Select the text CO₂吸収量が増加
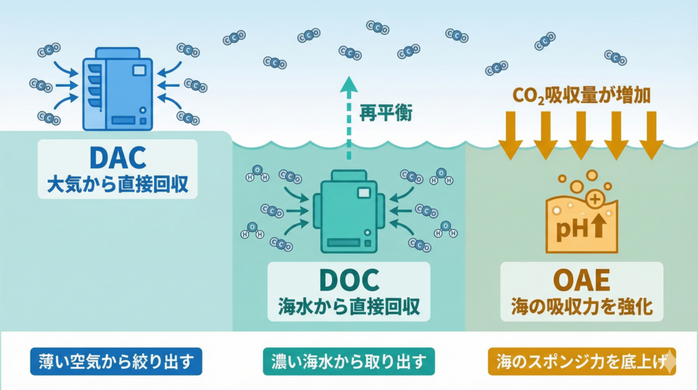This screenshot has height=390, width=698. (x=581, y=95)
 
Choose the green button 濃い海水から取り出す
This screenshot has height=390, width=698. (x=348, y=361)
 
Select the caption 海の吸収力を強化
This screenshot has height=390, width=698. (x=581, y=305)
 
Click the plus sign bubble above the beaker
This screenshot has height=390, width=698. (x=594, y=200)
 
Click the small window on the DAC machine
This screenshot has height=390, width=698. (x=139, y=70)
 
